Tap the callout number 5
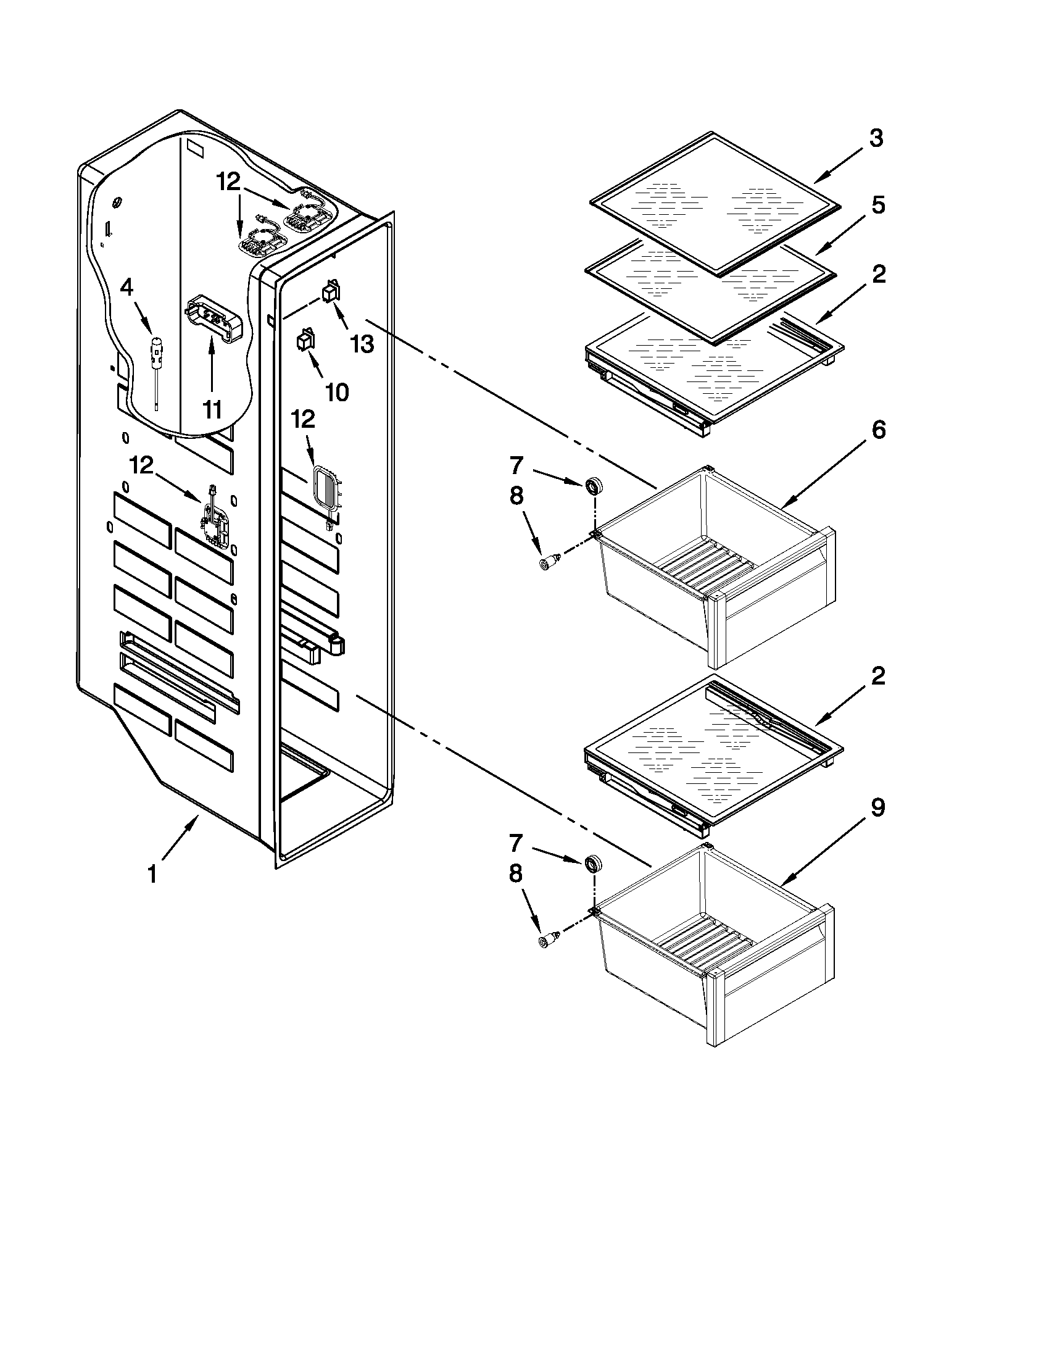(x=878, y=204)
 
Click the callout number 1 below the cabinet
(x=152, y=873)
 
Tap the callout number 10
(x=338, y=393)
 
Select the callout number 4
(x=126, y=288)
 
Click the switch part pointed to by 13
(x=331, y=291)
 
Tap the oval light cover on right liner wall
(x=325, y=489)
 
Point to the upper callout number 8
(x=516, y=496)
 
